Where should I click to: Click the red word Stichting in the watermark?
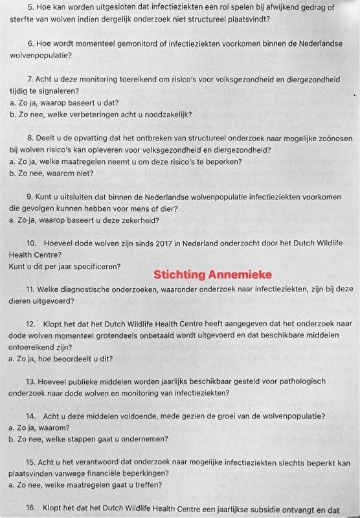click(177, 275)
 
